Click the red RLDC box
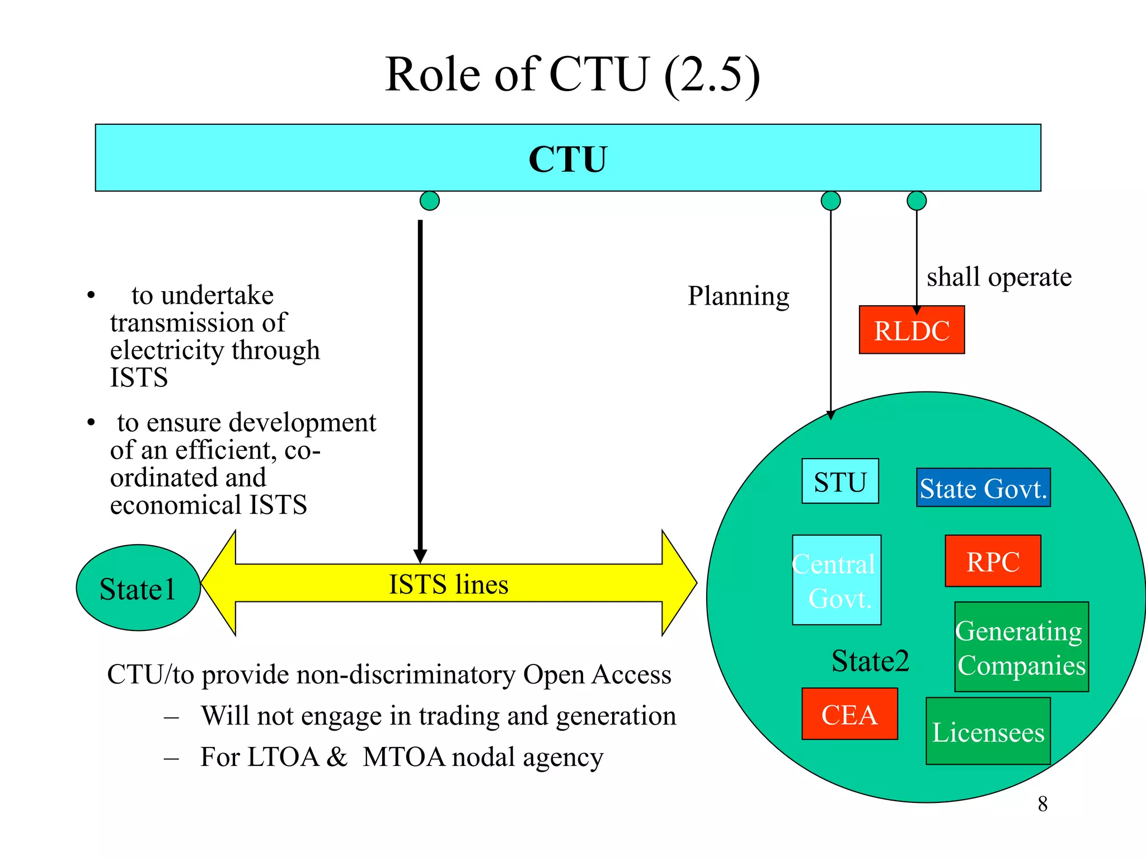(x=912, y=330)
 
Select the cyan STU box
(x=840, y=482)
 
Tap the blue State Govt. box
(x=983, y=488)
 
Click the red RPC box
(x=993, y=561)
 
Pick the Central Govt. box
(x=837, y=580)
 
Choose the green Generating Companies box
(x=1021, y=647)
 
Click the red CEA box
(x=849, y=714)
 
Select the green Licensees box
(x=988, y=731)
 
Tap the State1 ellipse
(x=138, y=588)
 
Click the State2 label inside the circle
(x=870, y=661)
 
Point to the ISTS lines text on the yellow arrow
(x=448, y=584)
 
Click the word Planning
(x=738, y=296)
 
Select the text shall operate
(x=999, y=277)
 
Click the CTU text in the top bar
(x=567, y=159)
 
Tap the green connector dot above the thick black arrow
(x=430, y=200)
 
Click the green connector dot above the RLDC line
(x=917, y=200)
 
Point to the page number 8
(x=1042, y=804)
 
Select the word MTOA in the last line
(x=404, y=757)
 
